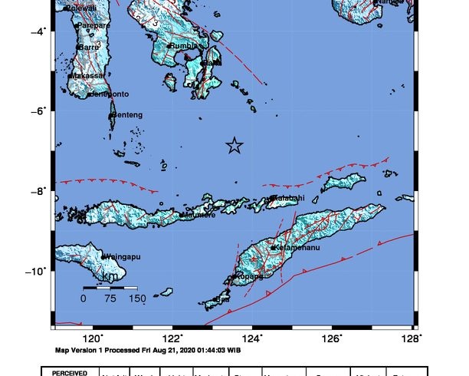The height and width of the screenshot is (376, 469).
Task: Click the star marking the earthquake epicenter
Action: point(235,146)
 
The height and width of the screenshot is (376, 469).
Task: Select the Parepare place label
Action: point(93,25)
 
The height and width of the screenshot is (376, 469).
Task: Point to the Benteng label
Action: point(127,115)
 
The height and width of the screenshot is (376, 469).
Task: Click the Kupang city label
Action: point(249,276)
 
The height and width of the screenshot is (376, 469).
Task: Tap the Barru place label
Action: point(90,48)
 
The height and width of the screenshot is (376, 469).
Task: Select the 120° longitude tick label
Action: point(93,337)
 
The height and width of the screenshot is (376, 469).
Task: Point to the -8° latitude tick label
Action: point(40,190)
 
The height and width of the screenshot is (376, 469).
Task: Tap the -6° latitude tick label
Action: point(40,110)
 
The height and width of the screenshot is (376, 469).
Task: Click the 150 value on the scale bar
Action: point(136,299)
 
